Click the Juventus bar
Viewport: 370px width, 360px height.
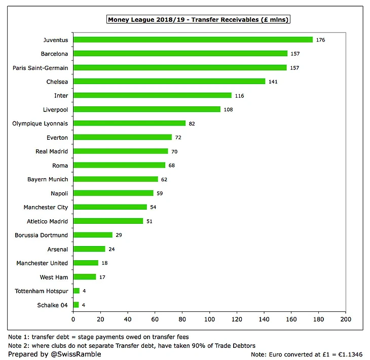[193, 39]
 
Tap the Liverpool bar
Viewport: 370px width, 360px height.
[147, 109]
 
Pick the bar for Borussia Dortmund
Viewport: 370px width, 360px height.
[93, 235]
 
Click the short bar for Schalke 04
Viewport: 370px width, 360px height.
[76, 305]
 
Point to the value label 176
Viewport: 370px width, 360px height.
[320, 39]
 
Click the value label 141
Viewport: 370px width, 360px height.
[273, 82]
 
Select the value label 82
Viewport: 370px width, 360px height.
[192, 123]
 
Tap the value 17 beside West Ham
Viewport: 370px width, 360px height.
[102, 277]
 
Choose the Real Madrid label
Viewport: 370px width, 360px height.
[52, 151]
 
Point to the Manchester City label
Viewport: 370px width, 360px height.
[46, 207]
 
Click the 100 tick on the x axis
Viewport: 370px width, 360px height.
[209, 320]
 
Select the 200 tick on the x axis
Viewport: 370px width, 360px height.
[346, 320]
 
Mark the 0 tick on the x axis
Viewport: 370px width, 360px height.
[73, 320]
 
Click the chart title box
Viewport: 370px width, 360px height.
[198, 20]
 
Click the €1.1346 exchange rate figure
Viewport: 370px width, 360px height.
[354, 354]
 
